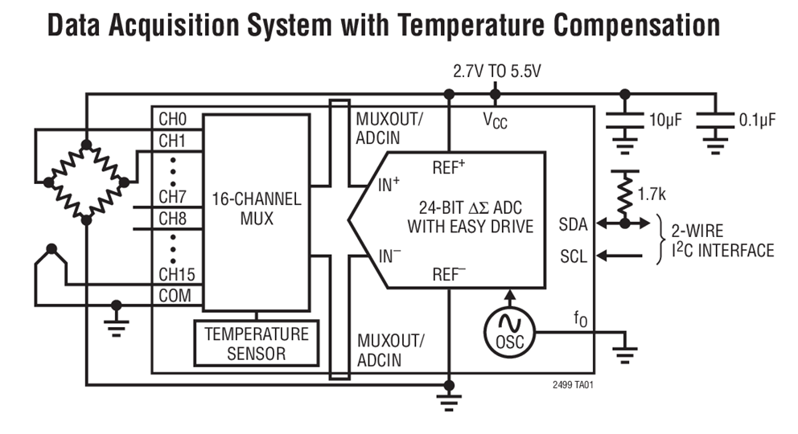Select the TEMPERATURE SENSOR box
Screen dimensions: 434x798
[257, 343]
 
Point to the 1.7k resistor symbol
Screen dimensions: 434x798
[623, 194]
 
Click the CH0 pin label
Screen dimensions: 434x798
[172, 119]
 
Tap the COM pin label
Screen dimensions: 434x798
[175, 295]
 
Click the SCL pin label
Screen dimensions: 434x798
[573, 257]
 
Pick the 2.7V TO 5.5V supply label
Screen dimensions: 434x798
[496, 71]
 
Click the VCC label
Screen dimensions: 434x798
[495, 121]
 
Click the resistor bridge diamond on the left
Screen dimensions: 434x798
[86, 182]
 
